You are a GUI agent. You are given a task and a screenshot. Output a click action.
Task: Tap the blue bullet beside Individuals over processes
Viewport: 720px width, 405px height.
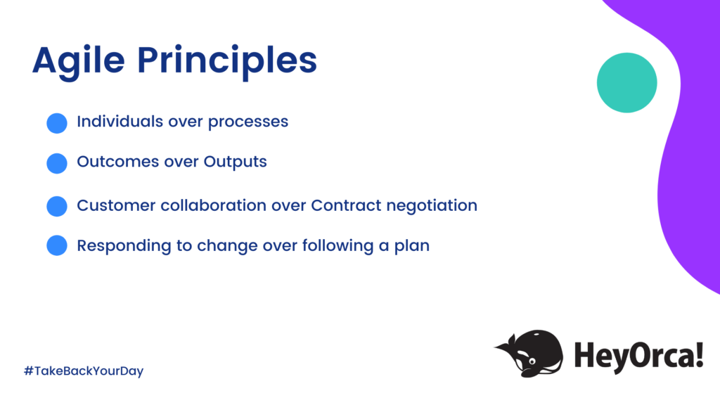[x=57, y=123]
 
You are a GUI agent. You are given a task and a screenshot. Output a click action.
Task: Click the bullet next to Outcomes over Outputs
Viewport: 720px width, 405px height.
[x=57, y=163]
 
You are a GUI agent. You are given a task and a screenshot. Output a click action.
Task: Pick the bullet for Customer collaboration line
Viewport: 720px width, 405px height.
[x=57, y=207]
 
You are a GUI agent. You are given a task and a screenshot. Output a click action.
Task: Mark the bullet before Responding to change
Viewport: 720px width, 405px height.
[x=57, y=246]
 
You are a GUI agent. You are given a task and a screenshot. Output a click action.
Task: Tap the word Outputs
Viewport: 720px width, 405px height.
[x=236, y=162]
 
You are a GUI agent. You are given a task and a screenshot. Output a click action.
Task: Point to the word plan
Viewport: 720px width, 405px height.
[x=411, y=247]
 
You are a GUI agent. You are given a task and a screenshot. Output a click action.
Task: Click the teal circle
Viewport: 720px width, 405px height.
[x=626, y=83]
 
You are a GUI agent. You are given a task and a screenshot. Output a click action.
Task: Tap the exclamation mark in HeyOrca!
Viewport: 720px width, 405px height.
[x=698, y=355]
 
